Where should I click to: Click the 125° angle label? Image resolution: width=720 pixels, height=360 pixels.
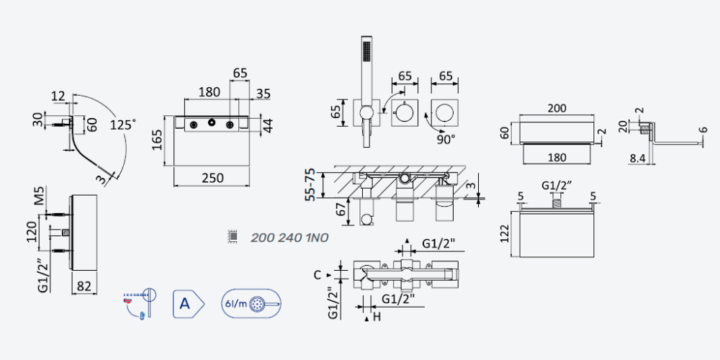coord(123,125)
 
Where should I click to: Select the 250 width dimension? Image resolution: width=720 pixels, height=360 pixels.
coord(212,178)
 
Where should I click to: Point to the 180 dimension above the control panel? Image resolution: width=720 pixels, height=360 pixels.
coord(209,92)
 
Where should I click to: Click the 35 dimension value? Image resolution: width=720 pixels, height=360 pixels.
coord(263,94)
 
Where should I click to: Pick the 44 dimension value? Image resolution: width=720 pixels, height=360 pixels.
coord(268,125)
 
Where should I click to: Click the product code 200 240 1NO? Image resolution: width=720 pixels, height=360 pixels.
coord(289,238)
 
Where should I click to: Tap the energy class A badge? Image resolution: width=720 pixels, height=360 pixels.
coord(188,304)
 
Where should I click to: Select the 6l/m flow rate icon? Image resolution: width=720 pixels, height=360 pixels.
coord(251,304)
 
